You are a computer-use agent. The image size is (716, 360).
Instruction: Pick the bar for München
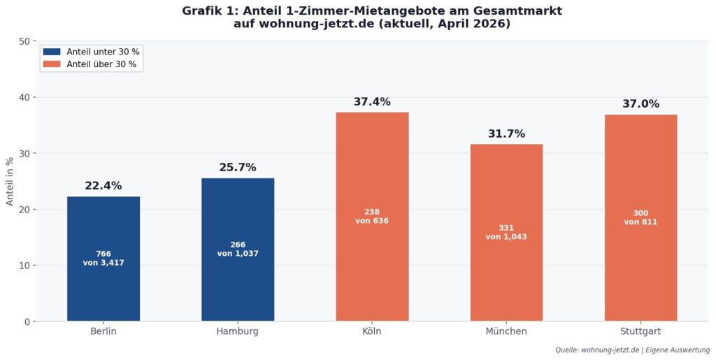tap(506, 280)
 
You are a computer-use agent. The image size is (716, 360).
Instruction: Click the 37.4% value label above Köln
tap(372, 102)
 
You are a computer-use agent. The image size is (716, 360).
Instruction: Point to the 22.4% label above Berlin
tap(103, 186)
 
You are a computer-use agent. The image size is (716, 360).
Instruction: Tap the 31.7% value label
tap(506, 134)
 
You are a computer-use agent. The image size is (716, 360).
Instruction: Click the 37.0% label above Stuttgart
tap(640, 104)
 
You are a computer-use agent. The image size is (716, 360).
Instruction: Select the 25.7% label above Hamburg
tap(238, 168)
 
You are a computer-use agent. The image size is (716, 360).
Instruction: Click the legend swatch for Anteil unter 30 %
tap(52, 52)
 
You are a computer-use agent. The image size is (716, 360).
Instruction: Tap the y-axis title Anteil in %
tap(10, 181)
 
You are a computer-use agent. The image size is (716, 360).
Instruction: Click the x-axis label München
tap(506, 331)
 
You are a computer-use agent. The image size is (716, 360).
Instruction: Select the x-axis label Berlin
tap(103, 331)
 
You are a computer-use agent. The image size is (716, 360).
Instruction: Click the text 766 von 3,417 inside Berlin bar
tap(103, 259)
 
